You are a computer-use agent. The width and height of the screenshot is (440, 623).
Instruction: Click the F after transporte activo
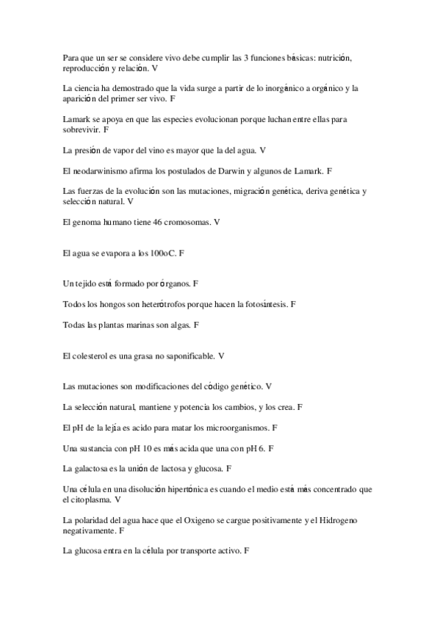pyautogui.click(x=247, y=550)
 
